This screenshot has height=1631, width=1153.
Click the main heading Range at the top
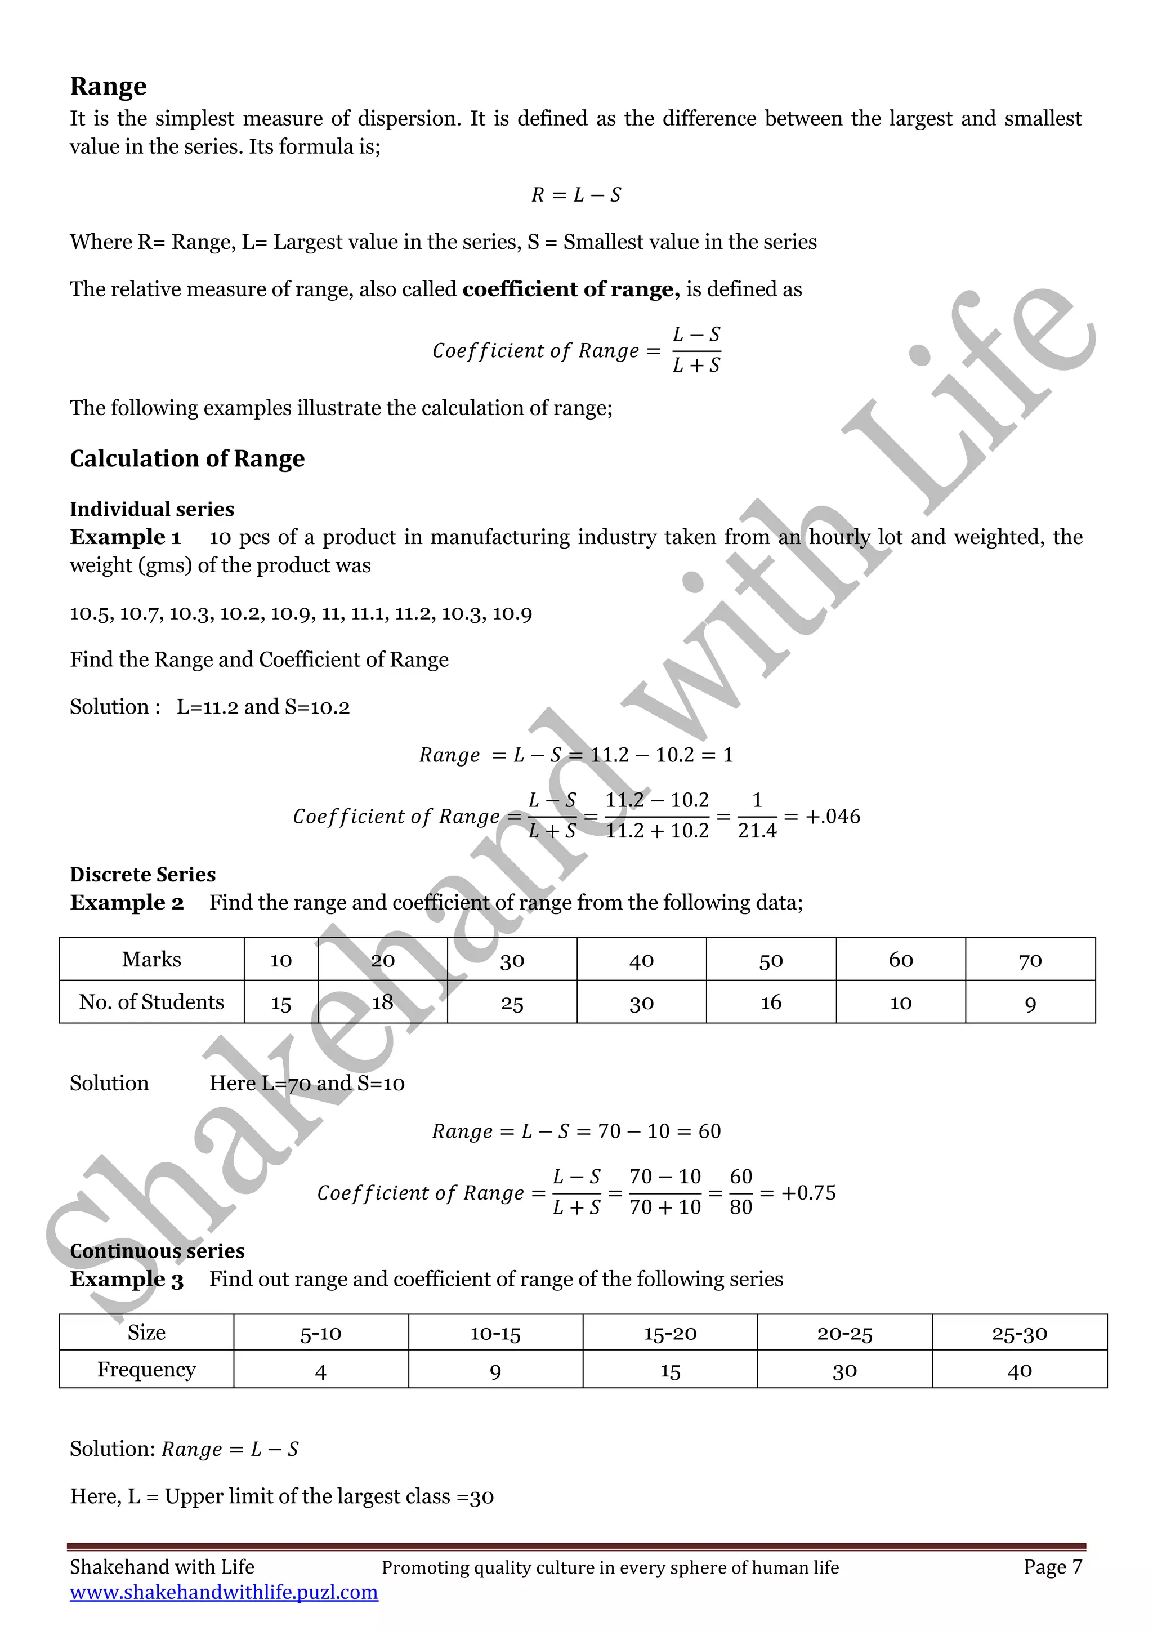[108, 86]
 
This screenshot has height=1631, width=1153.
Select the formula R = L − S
[576, 195]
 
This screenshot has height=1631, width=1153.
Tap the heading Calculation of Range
[187, 459]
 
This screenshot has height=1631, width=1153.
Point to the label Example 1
[125, 537]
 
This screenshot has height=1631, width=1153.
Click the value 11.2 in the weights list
[412, 613]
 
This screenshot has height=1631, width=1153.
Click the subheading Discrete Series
[142, 875]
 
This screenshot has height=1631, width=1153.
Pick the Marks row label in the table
[151, 960]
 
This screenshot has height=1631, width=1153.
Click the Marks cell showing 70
[1030, 960]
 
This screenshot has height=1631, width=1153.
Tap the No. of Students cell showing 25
[512, 1003]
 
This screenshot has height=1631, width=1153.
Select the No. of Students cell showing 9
[1030, 1003]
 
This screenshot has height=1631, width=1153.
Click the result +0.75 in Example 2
[808, 1193]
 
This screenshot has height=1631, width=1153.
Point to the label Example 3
[126, 1280]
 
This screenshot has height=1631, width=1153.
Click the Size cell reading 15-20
[670, 1334]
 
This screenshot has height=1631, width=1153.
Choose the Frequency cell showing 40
[1020, 1370]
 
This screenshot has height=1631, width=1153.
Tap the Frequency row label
[146, 1370]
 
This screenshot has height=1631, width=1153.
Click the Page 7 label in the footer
[1053, 1566]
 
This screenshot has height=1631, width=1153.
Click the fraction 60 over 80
[740, 1192]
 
